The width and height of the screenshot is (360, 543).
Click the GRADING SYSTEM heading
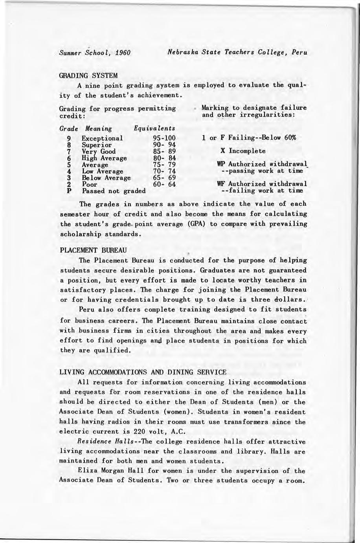pos(88,75)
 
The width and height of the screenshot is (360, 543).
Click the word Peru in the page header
pos(299,52)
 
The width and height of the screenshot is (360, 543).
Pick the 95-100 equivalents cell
pos(164,138)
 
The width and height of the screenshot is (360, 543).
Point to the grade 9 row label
pos(69,138)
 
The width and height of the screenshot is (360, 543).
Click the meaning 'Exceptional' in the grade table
pos(102,138)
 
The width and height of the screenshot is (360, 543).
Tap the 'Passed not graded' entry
pos(114,191)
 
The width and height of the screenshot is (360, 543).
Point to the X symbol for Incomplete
pos(222,151)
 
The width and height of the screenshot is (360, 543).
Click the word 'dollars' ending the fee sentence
pos(290,300)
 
